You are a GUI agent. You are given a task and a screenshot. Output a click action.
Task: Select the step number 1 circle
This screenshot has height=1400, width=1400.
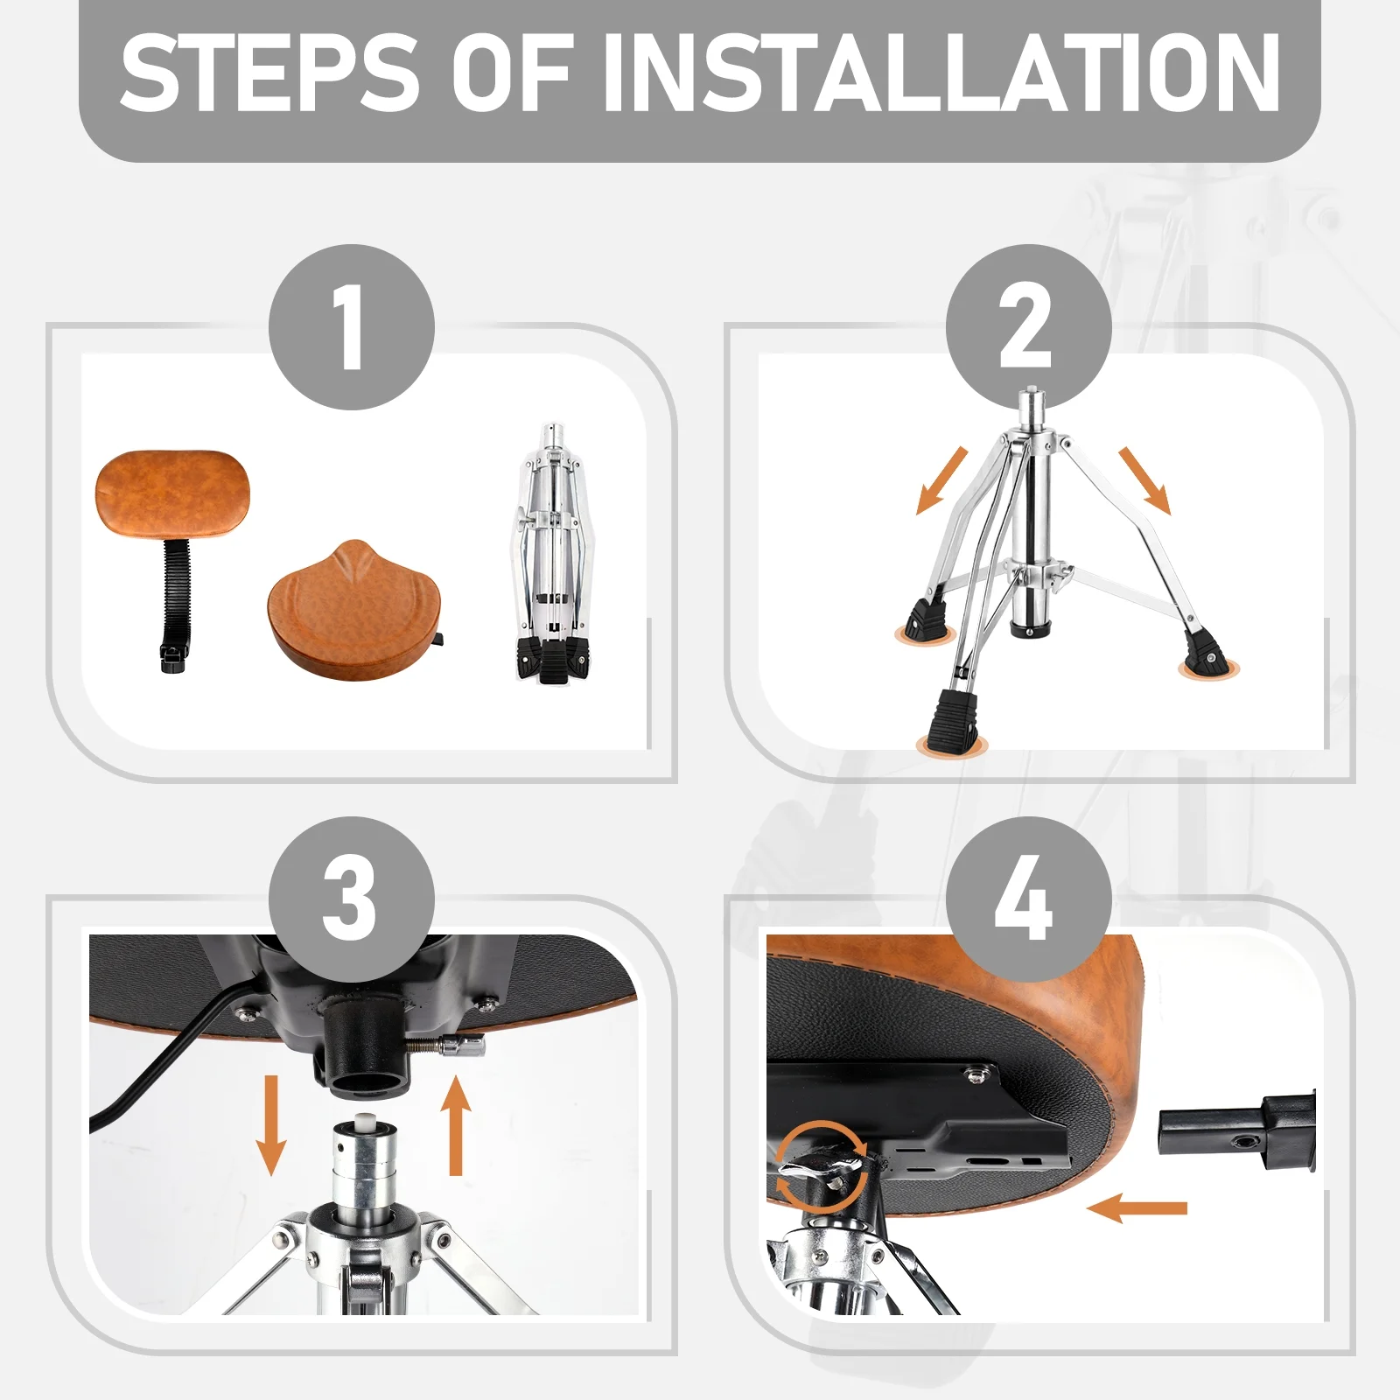click(x=352, y=326)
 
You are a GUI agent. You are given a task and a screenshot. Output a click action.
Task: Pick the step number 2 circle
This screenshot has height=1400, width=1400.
click(x=1029, y=326)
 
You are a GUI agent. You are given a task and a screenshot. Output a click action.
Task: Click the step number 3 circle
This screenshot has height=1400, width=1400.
click(x=352, y=899)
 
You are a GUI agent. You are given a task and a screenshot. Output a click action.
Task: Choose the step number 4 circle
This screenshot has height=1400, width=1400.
click(x=1029, y=899)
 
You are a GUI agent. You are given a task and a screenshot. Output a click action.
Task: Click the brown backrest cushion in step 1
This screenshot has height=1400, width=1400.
click(x=172, y=494)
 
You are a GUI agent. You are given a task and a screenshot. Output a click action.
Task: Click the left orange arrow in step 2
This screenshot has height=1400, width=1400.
click(x=941, y=480)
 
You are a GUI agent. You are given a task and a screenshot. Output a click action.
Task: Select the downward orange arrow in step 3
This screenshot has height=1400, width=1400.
click(x=271, y=1125)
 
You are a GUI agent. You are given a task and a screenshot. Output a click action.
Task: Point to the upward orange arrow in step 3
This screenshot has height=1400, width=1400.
click(x=455, y=1125)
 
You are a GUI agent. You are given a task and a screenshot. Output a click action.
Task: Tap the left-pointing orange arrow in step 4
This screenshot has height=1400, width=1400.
click(x=1137, y=1208)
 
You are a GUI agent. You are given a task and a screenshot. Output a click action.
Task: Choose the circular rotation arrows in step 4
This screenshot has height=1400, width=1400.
click(x=822, y=1165)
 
